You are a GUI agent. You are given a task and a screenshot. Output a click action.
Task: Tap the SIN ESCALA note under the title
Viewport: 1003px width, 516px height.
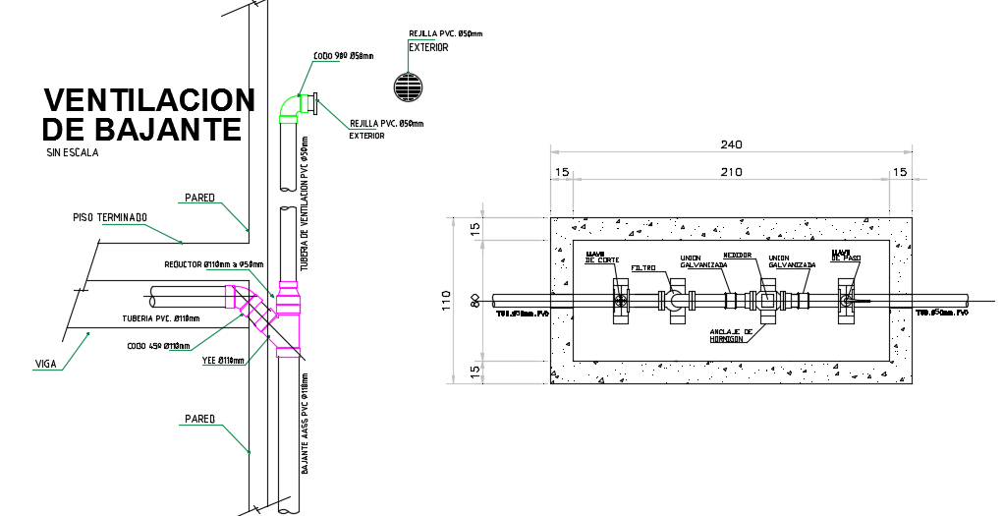click(72, 152)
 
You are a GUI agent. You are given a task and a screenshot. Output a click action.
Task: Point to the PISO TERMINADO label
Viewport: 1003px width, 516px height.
click(110, 217)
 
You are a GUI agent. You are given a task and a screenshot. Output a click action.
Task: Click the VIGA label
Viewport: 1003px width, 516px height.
click(45, 364)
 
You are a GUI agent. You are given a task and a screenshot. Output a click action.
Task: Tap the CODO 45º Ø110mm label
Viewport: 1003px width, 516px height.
click(158, 345)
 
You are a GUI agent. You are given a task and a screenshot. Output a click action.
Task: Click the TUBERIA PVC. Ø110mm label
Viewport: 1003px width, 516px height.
click(160, 318)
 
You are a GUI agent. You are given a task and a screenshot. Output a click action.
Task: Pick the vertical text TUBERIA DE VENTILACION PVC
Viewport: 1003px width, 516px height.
click(305, 203)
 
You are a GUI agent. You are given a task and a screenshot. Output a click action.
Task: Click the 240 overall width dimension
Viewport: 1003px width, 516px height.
click(731, 144)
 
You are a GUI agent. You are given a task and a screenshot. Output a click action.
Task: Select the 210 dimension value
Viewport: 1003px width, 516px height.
click(731, 172)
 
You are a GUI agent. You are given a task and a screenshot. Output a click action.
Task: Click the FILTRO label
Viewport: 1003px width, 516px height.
click(643, 266)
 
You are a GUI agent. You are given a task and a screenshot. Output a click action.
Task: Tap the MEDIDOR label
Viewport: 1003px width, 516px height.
click(738, 255)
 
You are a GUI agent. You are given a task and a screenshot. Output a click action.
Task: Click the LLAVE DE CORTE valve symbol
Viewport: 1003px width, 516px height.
click(621, 301)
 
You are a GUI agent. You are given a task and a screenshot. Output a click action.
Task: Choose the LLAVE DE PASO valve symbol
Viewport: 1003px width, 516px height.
click(846, 301)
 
